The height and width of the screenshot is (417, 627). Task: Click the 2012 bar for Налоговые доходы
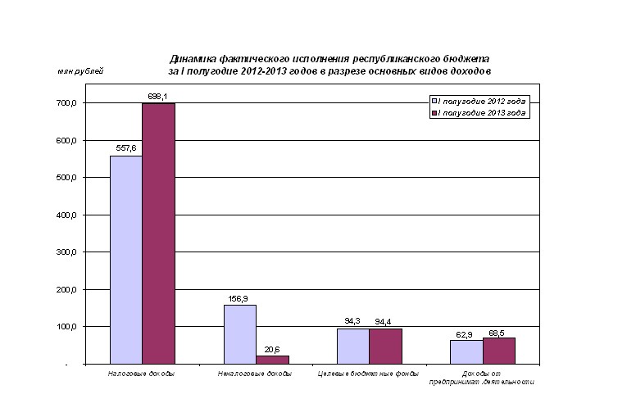tap(126, 259)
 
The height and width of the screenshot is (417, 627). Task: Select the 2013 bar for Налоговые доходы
tap(158, 233)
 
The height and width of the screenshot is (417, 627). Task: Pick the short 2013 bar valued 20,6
tap(272, 359)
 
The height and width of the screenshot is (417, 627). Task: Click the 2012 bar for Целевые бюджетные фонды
tap(352, 346)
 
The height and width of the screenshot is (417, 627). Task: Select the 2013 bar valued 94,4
tap(385, 346)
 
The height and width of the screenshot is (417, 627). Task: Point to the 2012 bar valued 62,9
tap(466, 351)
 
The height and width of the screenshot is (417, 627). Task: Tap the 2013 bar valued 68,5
tap(498, 351)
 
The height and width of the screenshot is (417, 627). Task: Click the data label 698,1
tap(158, 97)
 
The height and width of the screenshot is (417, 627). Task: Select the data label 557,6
tap(126, 149)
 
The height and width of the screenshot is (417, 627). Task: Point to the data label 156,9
tap(239, 298)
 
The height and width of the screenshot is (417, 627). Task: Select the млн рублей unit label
tap(80, 72)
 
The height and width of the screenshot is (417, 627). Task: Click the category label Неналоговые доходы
tap(255, 374)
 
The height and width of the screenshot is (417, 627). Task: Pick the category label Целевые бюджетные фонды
tap(368, 374)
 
